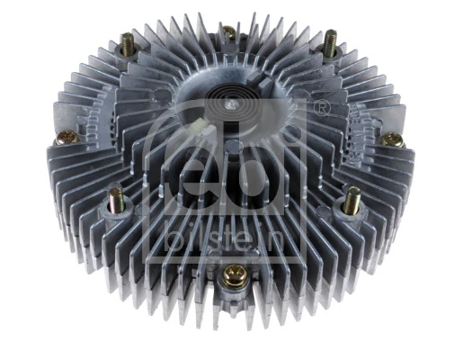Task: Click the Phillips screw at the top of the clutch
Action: pyautogui.click(x=229, y=34)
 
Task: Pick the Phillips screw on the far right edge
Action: pyautogui.click(x=392, y=139)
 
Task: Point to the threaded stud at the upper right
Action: pyautogui.click(x=331, y=42)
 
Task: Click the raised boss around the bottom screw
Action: pyautogui.click(x=231, y=283)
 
